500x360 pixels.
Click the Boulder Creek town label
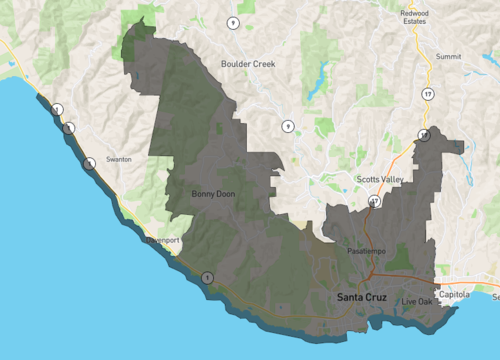247,64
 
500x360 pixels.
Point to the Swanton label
118,159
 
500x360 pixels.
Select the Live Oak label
418,301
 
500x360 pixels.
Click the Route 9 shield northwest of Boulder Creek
233,22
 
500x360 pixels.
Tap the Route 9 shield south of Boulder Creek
288,126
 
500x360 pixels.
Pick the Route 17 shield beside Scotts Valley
375,202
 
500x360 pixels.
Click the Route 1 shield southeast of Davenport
207,277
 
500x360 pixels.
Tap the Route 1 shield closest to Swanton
89,163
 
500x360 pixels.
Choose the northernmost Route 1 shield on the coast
59,110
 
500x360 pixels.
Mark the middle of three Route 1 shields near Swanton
69,128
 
